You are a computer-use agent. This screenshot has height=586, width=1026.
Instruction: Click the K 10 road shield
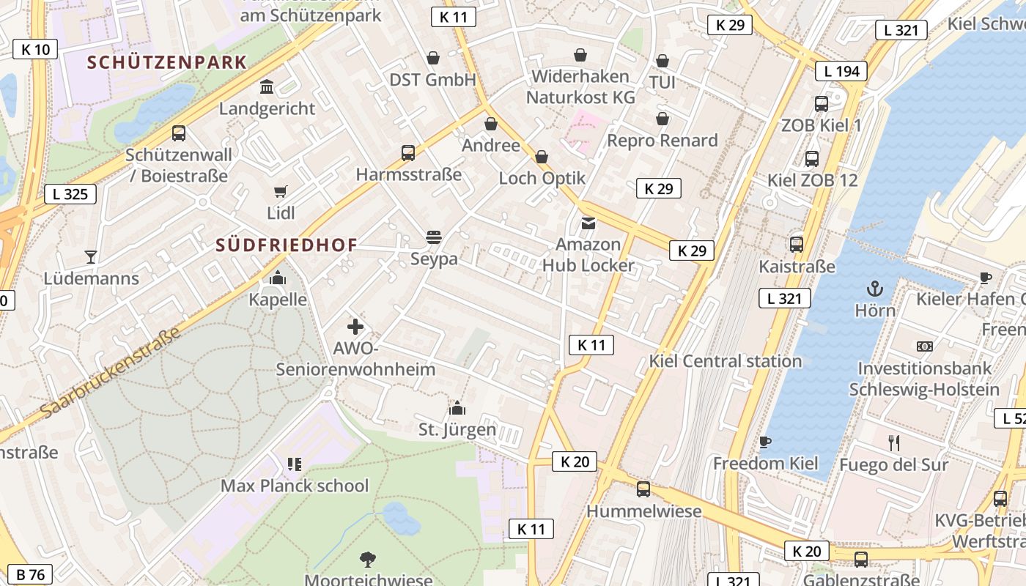pos(35,49)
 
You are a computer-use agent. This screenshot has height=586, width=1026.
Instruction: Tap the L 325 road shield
pos(70,194)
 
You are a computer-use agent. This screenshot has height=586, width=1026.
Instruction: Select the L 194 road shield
pos(841,71)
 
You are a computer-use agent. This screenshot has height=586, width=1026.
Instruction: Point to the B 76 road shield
pos(30,574)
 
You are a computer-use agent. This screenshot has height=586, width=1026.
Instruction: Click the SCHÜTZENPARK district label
pos(167,62)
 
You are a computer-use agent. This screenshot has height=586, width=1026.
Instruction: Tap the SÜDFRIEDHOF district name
pos(287,245)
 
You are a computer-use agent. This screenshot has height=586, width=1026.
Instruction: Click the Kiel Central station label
pos(725,361)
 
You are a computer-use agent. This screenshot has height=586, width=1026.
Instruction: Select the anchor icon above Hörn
pos(875,289)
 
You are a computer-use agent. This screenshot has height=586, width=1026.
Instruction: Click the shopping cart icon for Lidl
pos(281,192)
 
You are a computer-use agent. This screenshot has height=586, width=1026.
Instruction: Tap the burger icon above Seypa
pos(434,237)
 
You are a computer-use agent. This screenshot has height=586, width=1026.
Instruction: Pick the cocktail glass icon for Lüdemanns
pos(91,257)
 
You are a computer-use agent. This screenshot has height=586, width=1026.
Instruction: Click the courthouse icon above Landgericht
pos(267,87)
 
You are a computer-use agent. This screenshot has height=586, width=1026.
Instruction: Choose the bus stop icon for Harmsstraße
pos(408,153)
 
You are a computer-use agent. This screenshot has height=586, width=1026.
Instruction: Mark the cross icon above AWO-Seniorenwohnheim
pos(355,327)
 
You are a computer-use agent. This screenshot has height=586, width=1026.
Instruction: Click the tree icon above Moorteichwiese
pos(368,560)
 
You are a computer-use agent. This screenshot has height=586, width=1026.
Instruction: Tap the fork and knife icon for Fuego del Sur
pos(893,442)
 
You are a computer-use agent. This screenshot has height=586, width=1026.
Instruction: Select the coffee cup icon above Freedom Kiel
pos(765,442)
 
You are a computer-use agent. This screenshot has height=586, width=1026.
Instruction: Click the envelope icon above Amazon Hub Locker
pos(588,223)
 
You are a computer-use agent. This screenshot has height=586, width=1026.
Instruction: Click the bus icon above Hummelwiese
pos(643,489)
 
